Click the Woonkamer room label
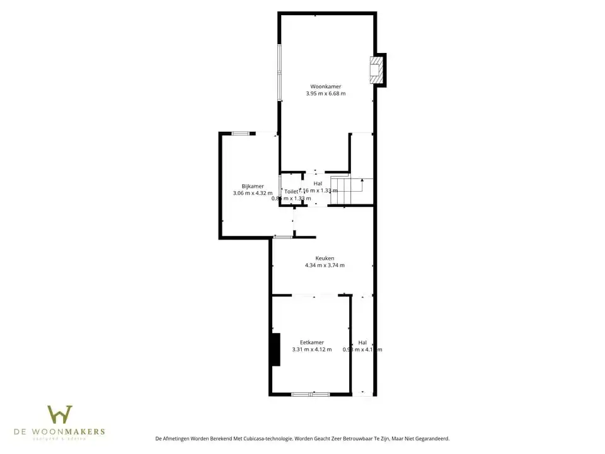(325, 86)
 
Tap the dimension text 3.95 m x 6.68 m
(325, 93)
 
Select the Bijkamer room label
(253, 186)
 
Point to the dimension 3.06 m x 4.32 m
(253, 194)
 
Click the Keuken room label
(325, 258)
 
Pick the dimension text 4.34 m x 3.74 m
(325, 265)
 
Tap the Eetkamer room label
(312, 342)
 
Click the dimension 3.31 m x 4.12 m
(312, 349)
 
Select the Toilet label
(291, 191)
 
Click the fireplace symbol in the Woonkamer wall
(376, 69)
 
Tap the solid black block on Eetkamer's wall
(275, 349)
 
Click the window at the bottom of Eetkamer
(310, 394)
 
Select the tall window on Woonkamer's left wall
(280, 72)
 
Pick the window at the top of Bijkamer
(240, 134)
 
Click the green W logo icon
(60, 414)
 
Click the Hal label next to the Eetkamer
(362, 342)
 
